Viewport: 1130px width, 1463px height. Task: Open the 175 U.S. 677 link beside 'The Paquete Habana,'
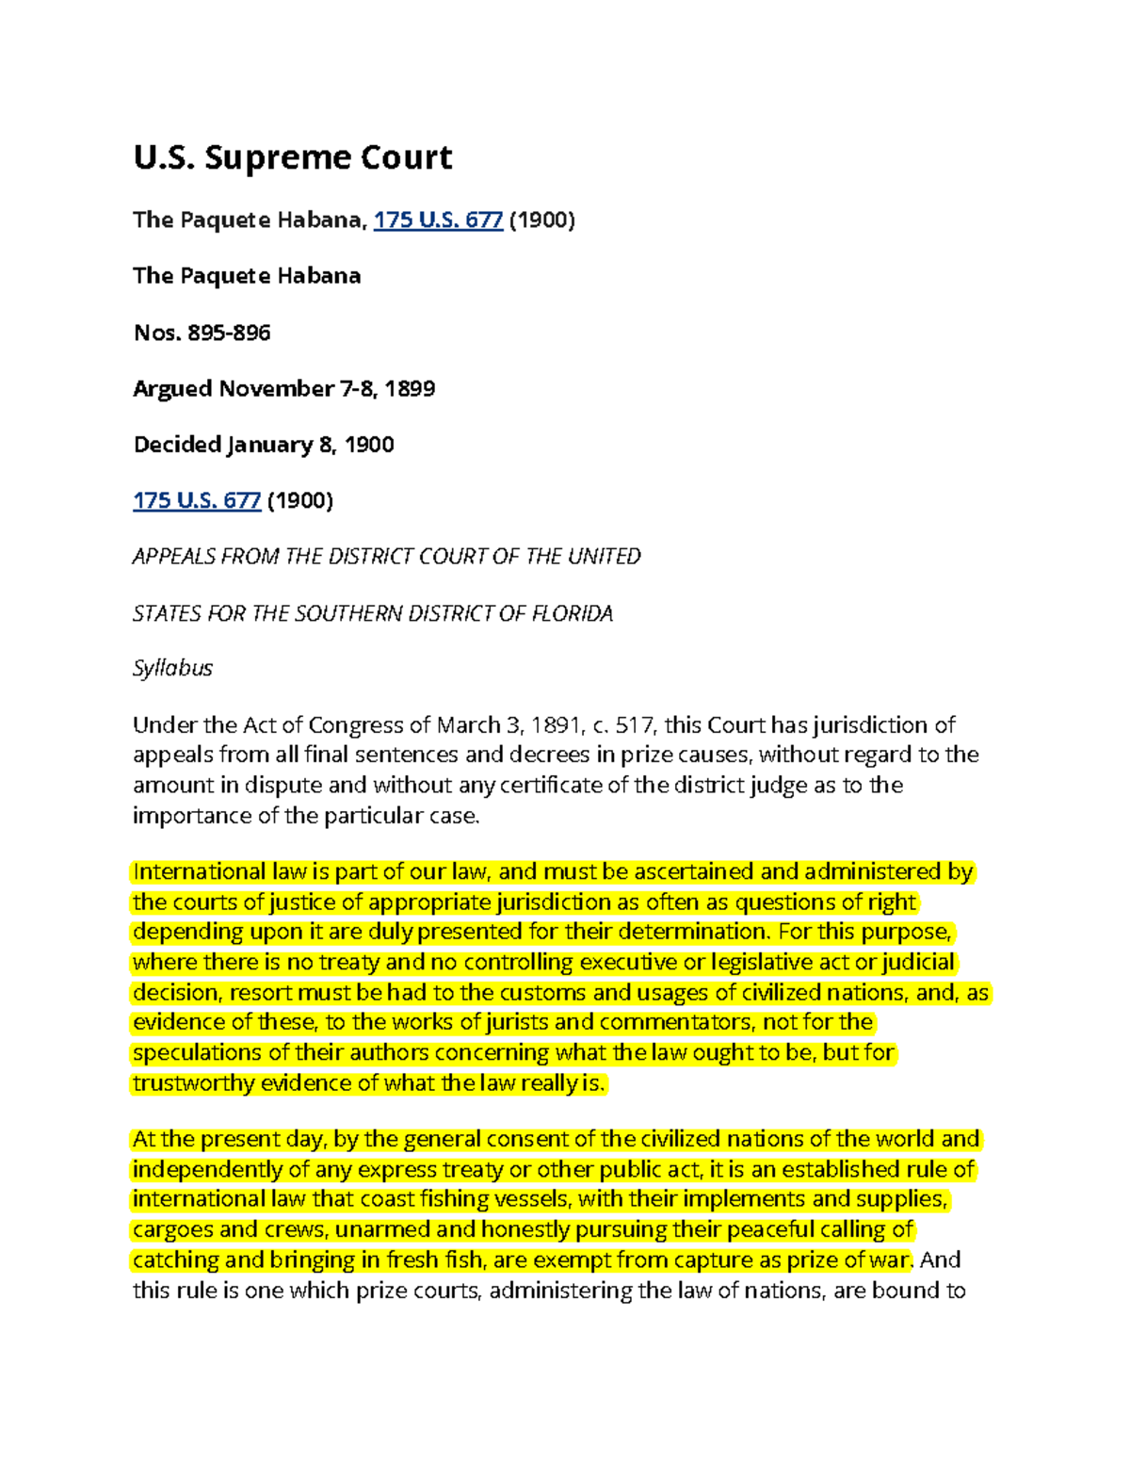click(x=438, y=220)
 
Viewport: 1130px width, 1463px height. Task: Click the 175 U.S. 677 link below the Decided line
click(x=196, y=500)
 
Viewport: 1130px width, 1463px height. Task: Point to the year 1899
click(x=410, y=388)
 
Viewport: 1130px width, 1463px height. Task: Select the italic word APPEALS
click(x=173, y=557)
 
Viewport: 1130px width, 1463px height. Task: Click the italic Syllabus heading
click(x=172, y=668)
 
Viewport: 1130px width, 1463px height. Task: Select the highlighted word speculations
click(x=197, y=1053)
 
